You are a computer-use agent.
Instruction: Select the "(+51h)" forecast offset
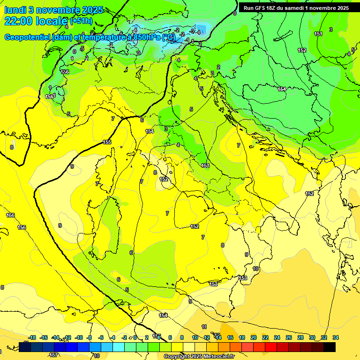[x=81, y=21]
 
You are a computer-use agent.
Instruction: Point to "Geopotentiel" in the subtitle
[x=28, y=37]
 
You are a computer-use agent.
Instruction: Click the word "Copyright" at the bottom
[x=178, y=357]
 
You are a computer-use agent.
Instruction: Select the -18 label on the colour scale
[x=32, y=338]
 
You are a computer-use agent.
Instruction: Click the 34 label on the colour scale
[x=335, y=338]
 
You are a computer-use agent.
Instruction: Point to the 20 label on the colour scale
[x=253, y=338]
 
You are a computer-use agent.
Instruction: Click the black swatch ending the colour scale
[x=330, y=347]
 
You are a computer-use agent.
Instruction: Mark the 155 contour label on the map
[x=107, y=142]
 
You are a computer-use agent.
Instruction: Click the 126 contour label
[x=65, y=72]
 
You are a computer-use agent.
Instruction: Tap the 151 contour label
[x=318, y=34]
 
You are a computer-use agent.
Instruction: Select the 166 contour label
[x=10, y=215]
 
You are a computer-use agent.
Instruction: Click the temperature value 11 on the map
[x=204, y=327]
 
